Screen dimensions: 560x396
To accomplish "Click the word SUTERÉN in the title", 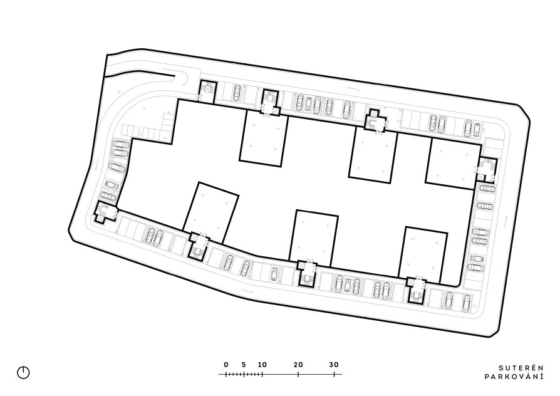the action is (521, 368).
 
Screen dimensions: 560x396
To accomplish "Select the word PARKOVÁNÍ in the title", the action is (514, 377).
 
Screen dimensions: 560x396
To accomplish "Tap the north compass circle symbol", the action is (24, 373).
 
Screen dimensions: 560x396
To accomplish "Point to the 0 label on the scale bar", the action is (226, 365).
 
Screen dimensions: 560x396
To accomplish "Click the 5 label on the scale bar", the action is (244, 365).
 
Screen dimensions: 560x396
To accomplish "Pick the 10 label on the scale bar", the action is (262, 365).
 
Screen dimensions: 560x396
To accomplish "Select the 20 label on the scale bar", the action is (298, 365).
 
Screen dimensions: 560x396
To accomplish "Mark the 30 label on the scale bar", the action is (334, 365).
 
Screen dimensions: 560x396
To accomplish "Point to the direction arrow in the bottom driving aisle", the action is (248, 290).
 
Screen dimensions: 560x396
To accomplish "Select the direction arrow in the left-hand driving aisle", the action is (96, 165).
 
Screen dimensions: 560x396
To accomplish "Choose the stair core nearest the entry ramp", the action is (207, 91).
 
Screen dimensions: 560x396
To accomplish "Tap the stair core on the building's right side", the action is (487, 170).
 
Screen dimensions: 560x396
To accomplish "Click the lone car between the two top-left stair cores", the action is (237, 93).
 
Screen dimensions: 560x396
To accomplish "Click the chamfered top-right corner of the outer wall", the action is (524, 111).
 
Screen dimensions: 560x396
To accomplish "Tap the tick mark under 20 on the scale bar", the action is (298, 374).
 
